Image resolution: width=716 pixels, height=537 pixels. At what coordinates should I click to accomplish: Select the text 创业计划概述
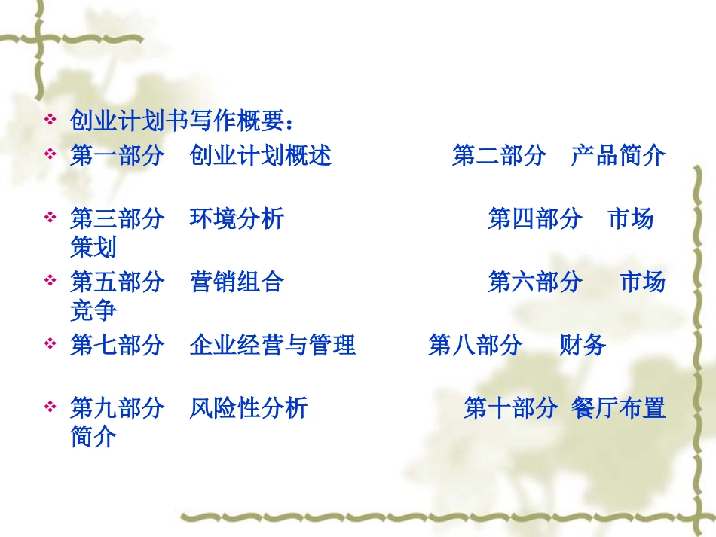(261, 156)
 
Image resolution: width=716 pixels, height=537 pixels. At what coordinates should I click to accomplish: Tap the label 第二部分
(499, 156)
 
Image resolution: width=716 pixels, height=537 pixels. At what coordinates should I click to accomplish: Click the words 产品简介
(618, 156)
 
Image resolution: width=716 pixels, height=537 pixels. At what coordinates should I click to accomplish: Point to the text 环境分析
(237, 219)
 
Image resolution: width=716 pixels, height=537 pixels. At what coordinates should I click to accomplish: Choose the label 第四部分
(535, 219)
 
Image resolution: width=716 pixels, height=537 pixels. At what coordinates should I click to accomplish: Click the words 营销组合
(237, 282)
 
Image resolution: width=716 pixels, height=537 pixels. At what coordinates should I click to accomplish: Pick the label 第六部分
(535, 282)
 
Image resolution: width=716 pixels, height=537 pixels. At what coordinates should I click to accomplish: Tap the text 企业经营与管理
(273, 346)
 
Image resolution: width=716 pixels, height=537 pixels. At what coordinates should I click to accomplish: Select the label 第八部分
(475, 346)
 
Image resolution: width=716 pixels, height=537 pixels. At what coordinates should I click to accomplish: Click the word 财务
(583, 346)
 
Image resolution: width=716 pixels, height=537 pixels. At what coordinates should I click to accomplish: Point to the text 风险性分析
(249, 409)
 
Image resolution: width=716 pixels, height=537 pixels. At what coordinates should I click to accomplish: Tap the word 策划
(93, 246)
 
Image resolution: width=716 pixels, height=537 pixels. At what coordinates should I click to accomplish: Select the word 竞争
(93, 310)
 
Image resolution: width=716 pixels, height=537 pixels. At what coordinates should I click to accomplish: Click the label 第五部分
(117, 282)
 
